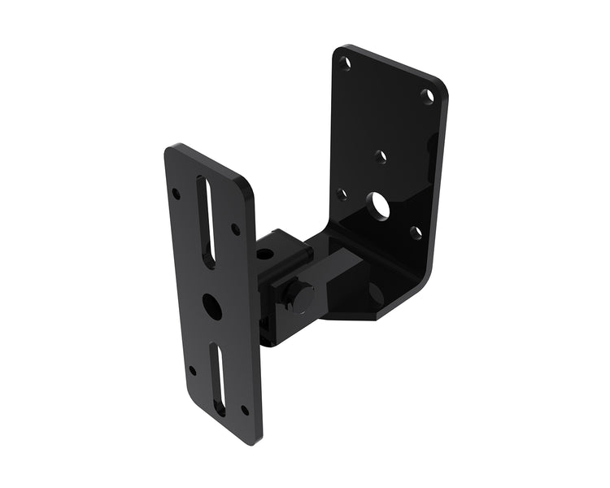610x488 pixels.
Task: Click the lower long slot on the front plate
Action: point(218,378)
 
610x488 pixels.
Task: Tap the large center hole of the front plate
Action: point(212,306)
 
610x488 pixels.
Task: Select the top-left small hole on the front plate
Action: point(176,194)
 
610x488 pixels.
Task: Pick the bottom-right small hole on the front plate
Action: point(245,410)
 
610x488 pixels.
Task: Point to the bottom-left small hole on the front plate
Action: point(193,370)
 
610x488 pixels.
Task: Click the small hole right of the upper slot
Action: point(236,229)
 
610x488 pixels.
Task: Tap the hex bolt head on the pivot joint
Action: point(303,298)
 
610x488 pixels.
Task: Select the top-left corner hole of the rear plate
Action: point(345,62)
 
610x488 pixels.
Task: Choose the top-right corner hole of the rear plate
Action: point(427,95)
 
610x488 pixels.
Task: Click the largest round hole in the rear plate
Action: point(378,206)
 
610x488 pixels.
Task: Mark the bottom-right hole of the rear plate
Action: point(416,232)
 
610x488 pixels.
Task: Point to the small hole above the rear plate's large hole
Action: point(381,155)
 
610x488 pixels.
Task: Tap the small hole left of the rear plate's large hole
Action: point(342,194)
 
